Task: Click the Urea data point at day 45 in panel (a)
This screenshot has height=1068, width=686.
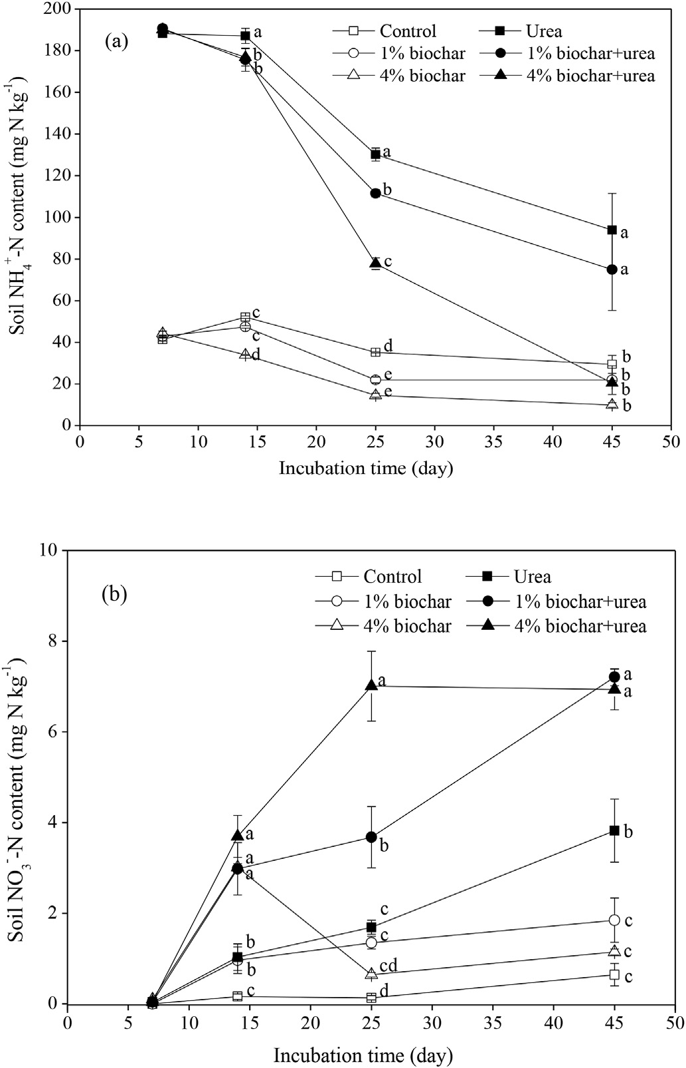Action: tap(612, 230)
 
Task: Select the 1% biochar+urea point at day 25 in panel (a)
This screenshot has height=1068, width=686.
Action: tap(375, 193)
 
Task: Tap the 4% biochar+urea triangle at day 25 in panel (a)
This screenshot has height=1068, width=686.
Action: tap(375, 263)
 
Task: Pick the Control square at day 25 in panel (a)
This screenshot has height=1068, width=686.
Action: tap(375, 352)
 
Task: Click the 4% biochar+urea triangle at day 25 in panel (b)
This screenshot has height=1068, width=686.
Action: tap(371, 685)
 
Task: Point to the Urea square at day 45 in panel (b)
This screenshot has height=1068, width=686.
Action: tap(614, 830)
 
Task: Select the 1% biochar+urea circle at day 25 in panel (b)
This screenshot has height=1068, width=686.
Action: tap(371, 837)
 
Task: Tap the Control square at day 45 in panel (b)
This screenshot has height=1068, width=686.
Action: tap(614, 974)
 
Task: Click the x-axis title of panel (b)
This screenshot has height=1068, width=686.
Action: tap(363, 1055)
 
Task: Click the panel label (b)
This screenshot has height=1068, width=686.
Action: tap(114, 594)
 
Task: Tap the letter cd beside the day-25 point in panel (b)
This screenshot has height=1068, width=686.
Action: tap(388, 966)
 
